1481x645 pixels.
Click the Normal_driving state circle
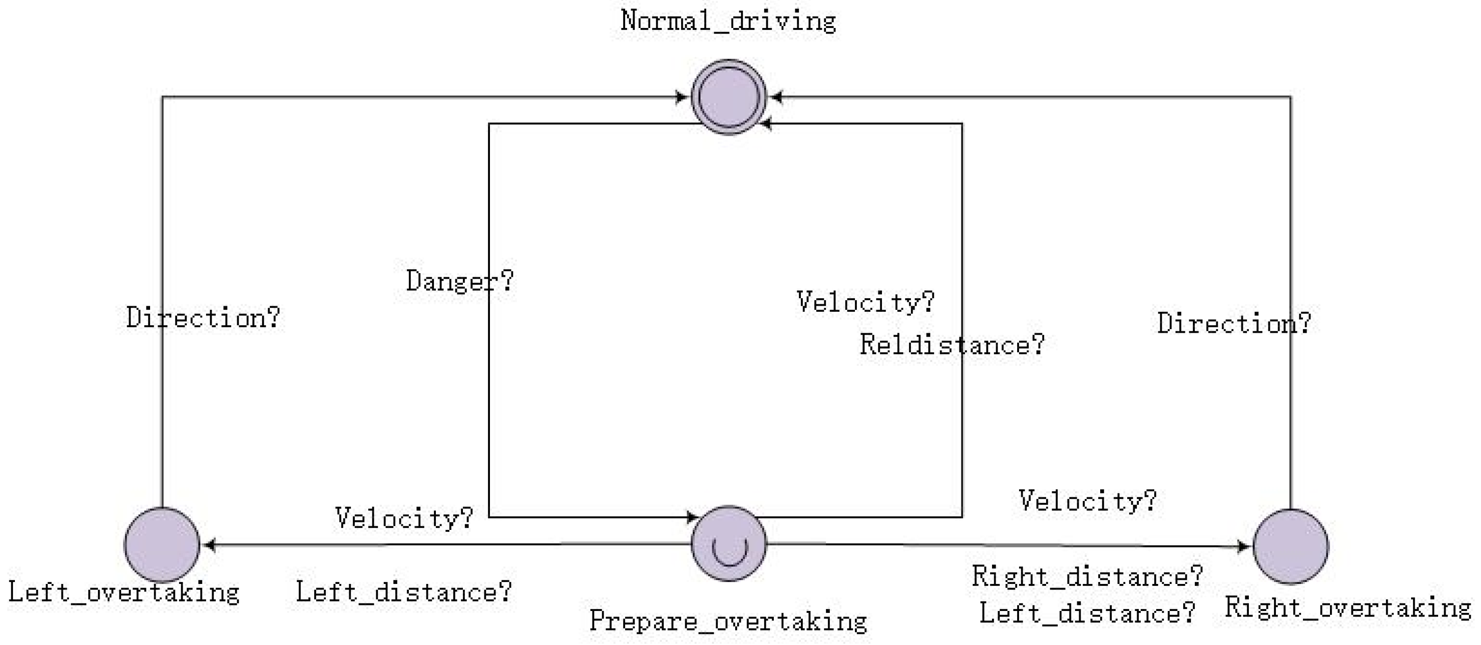click(729, 96)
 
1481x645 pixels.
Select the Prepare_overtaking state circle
click(729, 544)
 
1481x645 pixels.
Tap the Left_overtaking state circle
click(162, 545)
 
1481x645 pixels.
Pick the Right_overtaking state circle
click(1291, 546)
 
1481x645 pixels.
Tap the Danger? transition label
click(459, 281)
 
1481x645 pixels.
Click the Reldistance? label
click(951, 345)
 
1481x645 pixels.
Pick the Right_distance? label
click(1087, 576)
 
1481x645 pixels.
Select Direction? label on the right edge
click(1234, 323)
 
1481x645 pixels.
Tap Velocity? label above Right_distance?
click(1087, 501)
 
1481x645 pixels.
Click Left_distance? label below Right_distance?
click(1087, 613)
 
